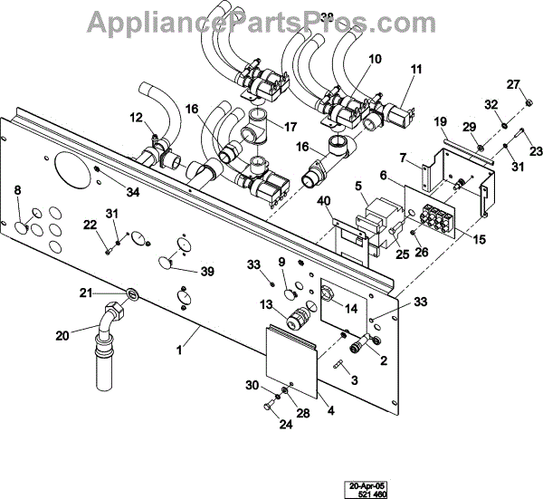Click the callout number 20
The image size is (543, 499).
click(62, 335)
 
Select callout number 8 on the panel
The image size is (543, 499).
click(17, 189)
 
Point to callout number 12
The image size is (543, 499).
click(136, 117)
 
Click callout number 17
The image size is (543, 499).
click(290, 127)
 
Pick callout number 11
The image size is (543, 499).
click(416, 69)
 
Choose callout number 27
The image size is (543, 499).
click(513, 85)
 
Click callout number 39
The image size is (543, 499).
click(207, 272)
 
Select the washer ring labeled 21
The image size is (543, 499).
click(133, 293)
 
